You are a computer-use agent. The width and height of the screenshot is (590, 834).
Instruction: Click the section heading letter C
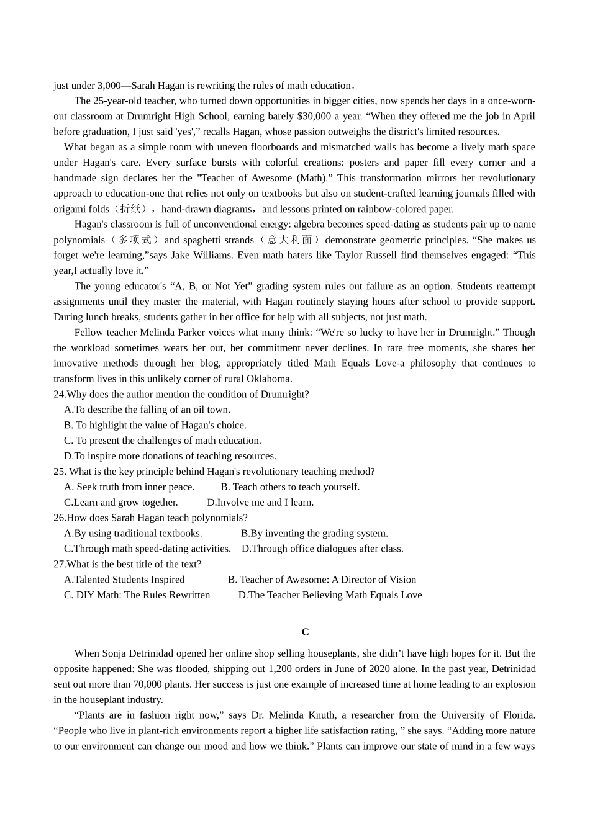tap(305, 632)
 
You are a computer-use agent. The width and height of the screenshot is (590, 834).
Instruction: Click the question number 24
tap(59, 394)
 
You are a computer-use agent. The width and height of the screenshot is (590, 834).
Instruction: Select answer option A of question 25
tap(129, 487)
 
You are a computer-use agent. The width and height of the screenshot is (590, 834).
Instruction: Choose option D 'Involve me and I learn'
tap(260, 503)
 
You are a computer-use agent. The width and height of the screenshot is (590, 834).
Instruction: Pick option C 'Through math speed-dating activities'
tap(147, 549)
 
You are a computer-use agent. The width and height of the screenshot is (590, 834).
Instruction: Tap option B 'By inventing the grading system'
tap(314, 533)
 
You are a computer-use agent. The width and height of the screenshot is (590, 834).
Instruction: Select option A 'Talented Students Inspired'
tap(124, 580)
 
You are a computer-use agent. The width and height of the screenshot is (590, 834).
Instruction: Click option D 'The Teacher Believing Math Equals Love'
tap(330, 595)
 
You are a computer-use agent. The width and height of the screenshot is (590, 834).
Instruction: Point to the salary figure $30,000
tap(314, 116)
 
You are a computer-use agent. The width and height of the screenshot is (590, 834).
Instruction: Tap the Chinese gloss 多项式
tap(135, 240)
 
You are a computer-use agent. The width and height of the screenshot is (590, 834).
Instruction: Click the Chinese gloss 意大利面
tap(290, 240)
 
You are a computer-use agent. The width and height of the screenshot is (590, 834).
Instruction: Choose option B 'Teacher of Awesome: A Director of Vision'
tap(322, 580)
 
